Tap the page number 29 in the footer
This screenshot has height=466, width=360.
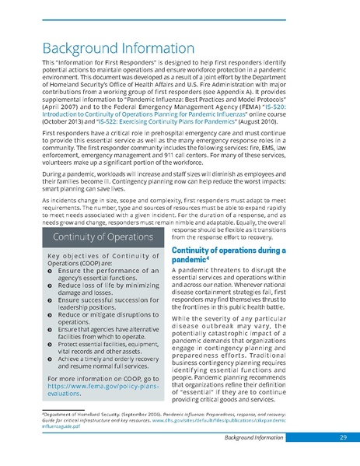coord(342,439)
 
